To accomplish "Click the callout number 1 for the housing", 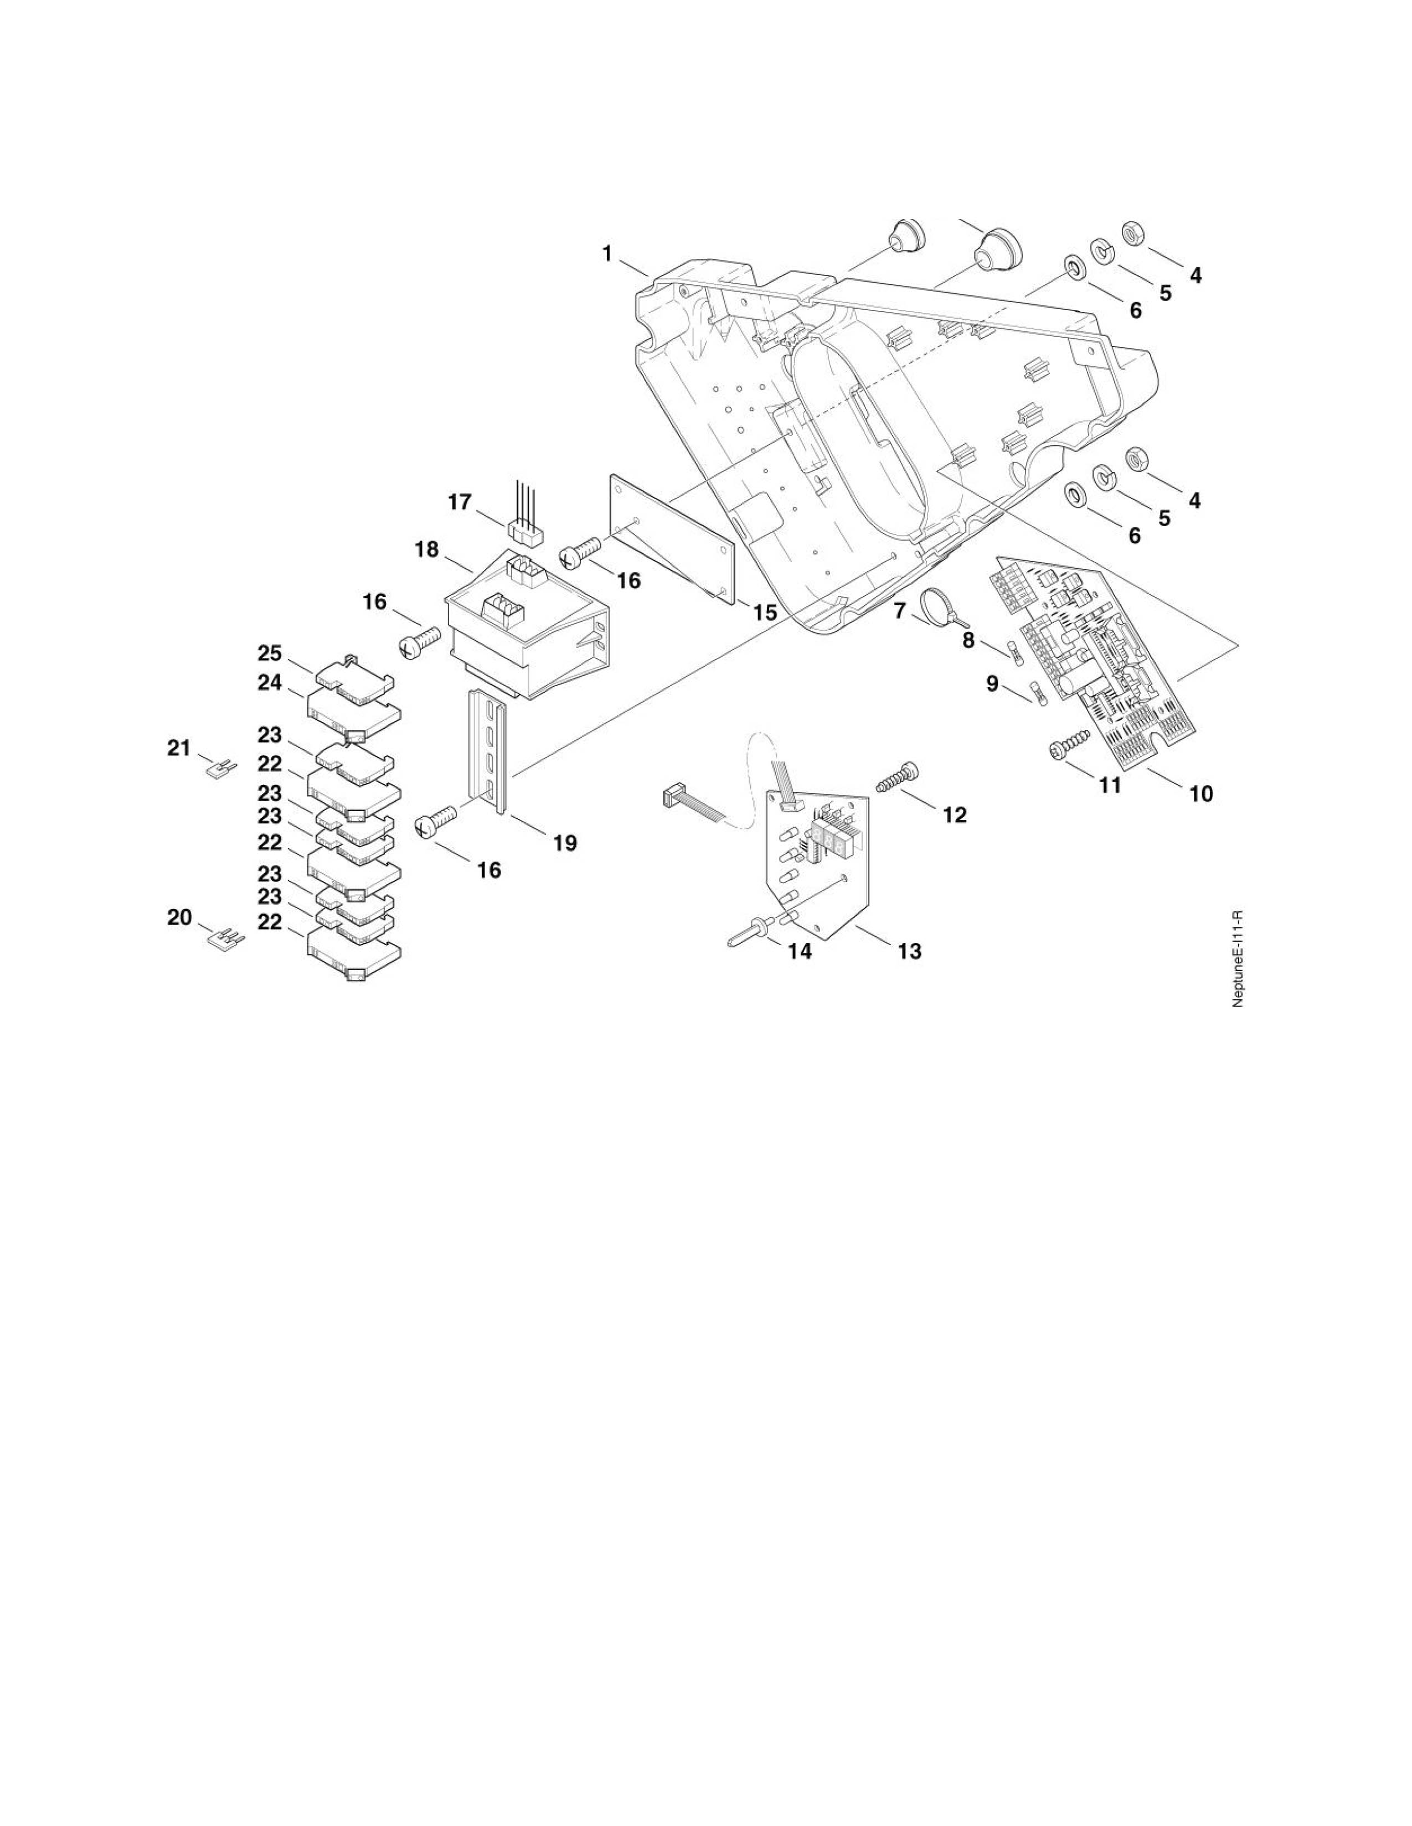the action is click(x=608, y=253).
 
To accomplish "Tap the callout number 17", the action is click(x=460, y=502).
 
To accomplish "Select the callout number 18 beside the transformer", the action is click(x=426, y=549).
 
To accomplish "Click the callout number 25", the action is click(x=269, y=653).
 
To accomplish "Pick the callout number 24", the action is click(x=269, y=683).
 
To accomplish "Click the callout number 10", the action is click(x=1201, y=793).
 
